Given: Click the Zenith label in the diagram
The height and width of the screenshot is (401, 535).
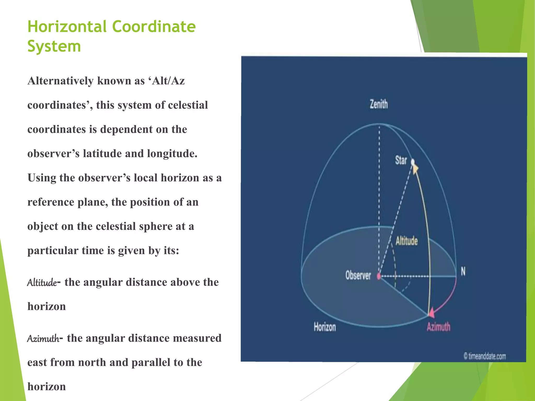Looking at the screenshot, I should (379, 104).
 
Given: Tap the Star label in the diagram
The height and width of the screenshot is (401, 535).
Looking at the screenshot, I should (401, 160).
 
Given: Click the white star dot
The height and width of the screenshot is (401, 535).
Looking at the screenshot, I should (413, 162).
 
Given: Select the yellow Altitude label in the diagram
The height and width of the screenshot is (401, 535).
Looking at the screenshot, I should (406, 241).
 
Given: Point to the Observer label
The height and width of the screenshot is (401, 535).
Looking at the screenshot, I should (358, 275).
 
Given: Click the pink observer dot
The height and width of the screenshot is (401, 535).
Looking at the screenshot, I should (379, 276).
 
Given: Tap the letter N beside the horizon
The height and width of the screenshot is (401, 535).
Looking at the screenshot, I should (463, 272).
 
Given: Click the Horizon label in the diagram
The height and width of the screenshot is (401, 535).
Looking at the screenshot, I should (325, 327).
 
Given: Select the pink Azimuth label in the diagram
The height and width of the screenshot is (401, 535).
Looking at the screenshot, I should (438, 327).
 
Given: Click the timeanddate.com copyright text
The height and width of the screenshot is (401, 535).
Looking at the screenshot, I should (485, 356).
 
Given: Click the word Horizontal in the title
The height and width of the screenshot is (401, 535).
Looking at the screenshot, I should (67, 27).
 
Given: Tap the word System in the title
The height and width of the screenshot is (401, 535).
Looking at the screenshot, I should (54, 46).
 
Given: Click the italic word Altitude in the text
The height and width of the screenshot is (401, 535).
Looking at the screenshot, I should (42, 282).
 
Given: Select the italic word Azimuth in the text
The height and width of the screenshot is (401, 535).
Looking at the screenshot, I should (43, 339).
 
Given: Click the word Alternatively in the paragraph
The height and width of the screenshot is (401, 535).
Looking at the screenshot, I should (60, 81).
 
